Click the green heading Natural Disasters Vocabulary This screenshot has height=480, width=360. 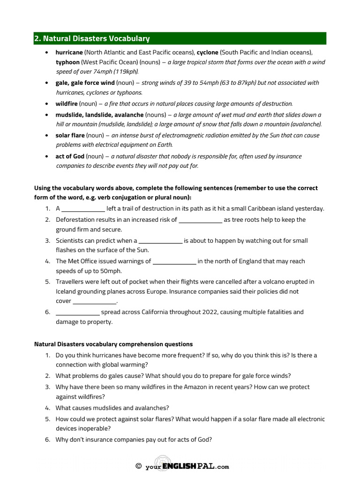(92, 38)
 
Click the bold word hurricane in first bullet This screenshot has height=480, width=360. (69, 52)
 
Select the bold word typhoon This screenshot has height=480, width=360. (67, 62)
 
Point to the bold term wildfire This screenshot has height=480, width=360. (66, 103)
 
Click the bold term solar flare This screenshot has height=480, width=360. (70, 135)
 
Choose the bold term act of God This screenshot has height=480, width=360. (70, 156)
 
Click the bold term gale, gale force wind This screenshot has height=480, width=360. (85, 82)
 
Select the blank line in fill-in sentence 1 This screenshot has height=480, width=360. (83, 209)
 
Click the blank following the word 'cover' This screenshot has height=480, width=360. (94, 301)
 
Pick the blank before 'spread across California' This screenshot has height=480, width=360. (77, 312)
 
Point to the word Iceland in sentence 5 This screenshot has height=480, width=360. (67, 291)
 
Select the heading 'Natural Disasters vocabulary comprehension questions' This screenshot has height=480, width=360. (113, 344)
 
